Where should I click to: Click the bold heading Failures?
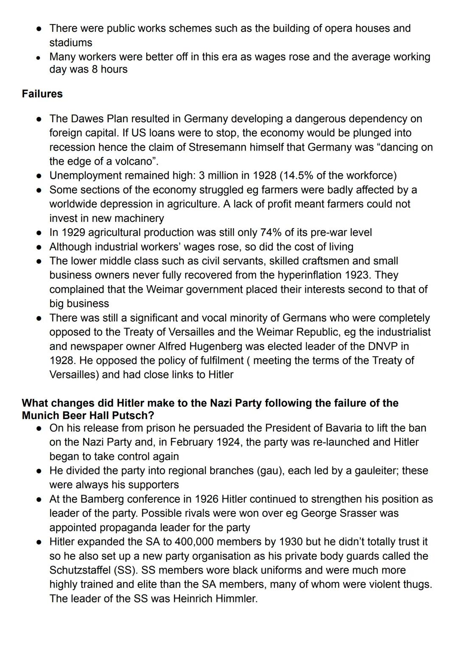tap(42, 94)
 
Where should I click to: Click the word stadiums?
tap(70, 42)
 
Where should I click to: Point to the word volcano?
tap(133, 162)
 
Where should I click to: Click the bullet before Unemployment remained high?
tap(39, 176)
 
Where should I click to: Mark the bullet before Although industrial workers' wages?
tap(39, 247)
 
